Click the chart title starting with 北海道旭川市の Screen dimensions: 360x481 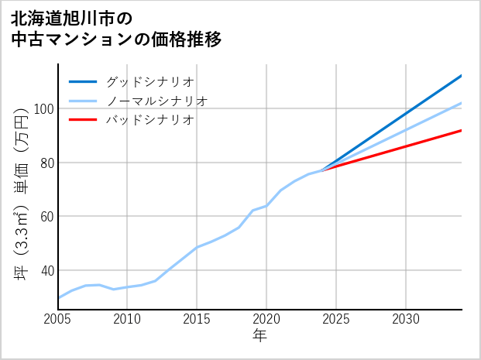click(x=116, y=28)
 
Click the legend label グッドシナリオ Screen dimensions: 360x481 click(x=149, y=81)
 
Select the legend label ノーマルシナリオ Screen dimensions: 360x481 click(x=156, y=101)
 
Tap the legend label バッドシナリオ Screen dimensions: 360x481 click(x=149, y=120)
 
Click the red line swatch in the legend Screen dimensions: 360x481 click(x=83, y=120)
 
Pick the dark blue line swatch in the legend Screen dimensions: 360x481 click(x=83, y=81)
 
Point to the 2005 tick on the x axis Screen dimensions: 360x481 click(x=58, y=319)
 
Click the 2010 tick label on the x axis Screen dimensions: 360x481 click(x=128, y=319)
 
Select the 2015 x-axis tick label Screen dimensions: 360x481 click(x=197, y=319)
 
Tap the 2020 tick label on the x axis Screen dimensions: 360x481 click(x=266, y=319)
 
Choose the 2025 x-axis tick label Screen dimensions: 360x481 click(x=336, y=319)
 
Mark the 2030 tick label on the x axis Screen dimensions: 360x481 click(x=406, y=319)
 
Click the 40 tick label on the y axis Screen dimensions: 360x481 click(x=44, y=270)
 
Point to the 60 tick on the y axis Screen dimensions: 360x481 click(x=44, y=216)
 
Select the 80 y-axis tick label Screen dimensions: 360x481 click(x=44, y=163)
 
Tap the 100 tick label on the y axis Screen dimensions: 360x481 click(x=41, y=109)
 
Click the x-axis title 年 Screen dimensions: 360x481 click(x=259, y=336)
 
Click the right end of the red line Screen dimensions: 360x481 click(x=461, y=130)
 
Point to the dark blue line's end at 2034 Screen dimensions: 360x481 click(x=461, y=76)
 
